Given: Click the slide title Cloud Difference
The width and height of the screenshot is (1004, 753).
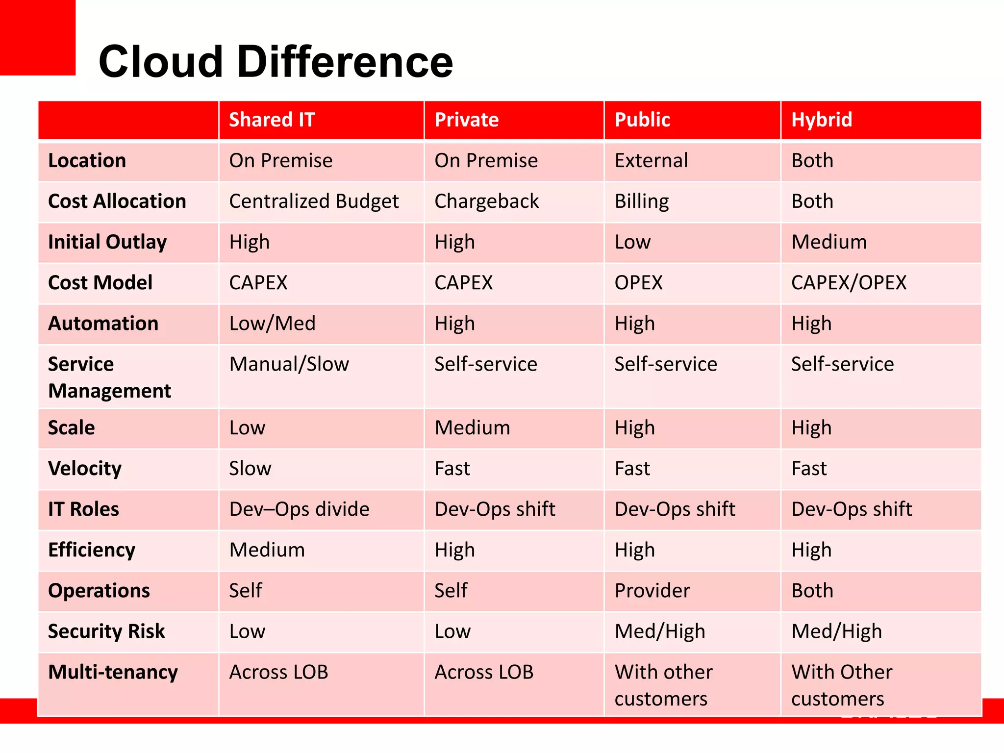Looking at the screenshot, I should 276,62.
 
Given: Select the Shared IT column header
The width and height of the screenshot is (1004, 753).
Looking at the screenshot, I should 272,120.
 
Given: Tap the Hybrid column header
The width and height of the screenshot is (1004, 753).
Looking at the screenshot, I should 822,120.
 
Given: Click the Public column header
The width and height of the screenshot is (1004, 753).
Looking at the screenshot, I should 642,120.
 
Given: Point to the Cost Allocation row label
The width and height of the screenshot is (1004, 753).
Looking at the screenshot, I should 117,201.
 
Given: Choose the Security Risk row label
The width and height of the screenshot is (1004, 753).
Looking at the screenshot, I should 106,631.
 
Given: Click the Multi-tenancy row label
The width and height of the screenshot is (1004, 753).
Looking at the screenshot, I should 113,672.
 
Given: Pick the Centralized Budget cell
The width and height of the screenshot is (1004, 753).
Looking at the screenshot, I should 314,201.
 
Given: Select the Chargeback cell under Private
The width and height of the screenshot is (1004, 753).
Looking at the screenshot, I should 486,201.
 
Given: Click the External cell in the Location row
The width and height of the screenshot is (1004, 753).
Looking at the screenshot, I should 651,161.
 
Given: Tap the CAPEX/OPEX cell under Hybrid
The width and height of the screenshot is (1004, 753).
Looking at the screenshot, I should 849,283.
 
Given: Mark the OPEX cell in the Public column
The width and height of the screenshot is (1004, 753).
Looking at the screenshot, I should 638,283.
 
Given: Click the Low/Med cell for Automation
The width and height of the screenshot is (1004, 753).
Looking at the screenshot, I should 272,324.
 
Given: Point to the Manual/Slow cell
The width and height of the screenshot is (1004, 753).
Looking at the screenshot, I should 289,364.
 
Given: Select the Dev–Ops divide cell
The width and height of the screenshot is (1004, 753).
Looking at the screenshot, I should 299,509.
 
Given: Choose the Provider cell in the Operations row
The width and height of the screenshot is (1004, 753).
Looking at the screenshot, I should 652,591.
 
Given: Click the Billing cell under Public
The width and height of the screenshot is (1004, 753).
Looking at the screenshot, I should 642,201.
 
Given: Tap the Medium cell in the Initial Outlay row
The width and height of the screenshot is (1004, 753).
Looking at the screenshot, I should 829,242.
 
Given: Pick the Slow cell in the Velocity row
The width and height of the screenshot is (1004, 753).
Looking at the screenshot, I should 250,469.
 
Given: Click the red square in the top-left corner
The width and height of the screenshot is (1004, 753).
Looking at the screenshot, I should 37,37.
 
